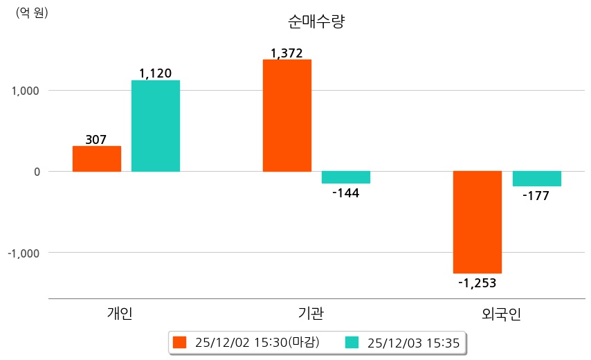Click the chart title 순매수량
click(x=316, y=21)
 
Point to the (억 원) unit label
click(x=32, y=12)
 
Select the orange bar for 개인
click(x=97, y=159)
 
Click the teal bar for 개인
click(x=156, y=126)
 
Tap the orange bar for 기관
click(x=287, y=116)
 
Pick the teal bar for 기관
click(x=346, y=177)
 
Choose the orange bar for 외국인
click(x=478, y=222)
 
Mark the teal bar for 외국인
click(x=537, y=179)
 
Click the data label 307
click(x=96, y=140)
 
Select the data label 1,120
click(x=155, y=73)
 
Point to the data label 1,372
click(x=287, y=53)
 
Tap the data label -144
click(x=345, y=192)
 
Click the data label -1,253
click(x=478, y=282)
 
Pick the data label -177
click(x=536, y=196)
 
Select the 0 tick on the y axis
click(x=37, y=172)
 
